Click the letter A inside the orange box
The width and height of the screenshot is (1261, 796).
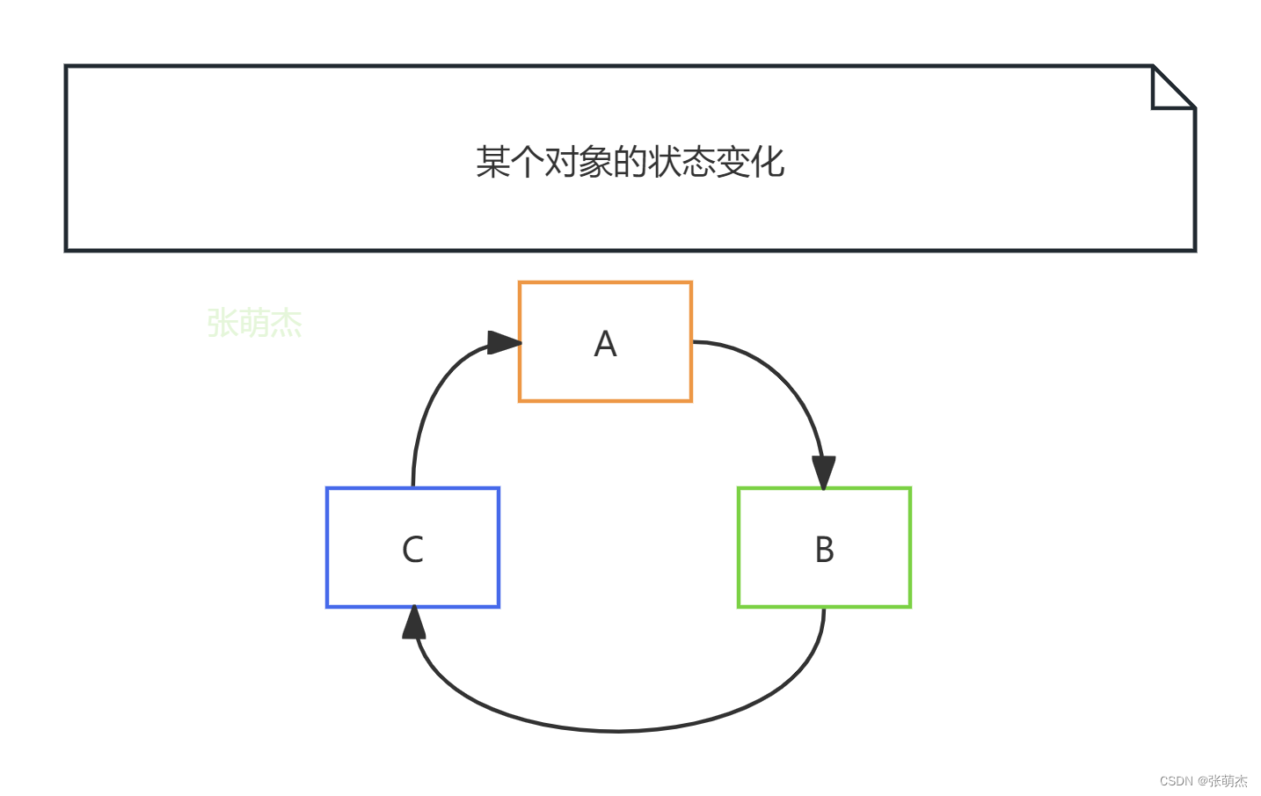click(605, 344)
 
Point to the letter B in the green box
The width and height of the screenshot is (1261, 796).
click(824, 550)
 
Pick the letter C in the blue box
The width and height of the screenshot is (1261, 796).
click(412, 550)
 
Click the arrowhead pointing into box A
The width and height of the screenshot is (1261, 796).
click(504, 342)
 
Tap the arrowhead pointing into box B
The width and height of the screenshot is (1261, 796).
click(823, 472)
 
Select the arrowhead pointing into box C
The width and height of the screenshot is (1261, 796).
click(414, 623)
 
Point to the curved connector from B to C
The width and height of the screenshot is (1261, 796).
click(616, 730)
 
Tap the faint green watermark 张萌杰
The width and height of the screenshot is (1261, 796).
click(254, 323)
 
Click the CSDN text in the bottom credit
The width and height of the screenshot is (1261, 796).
click(1176, 781)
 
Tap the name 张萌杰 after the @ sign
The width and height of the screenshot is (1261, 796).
click(1228, 781)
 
